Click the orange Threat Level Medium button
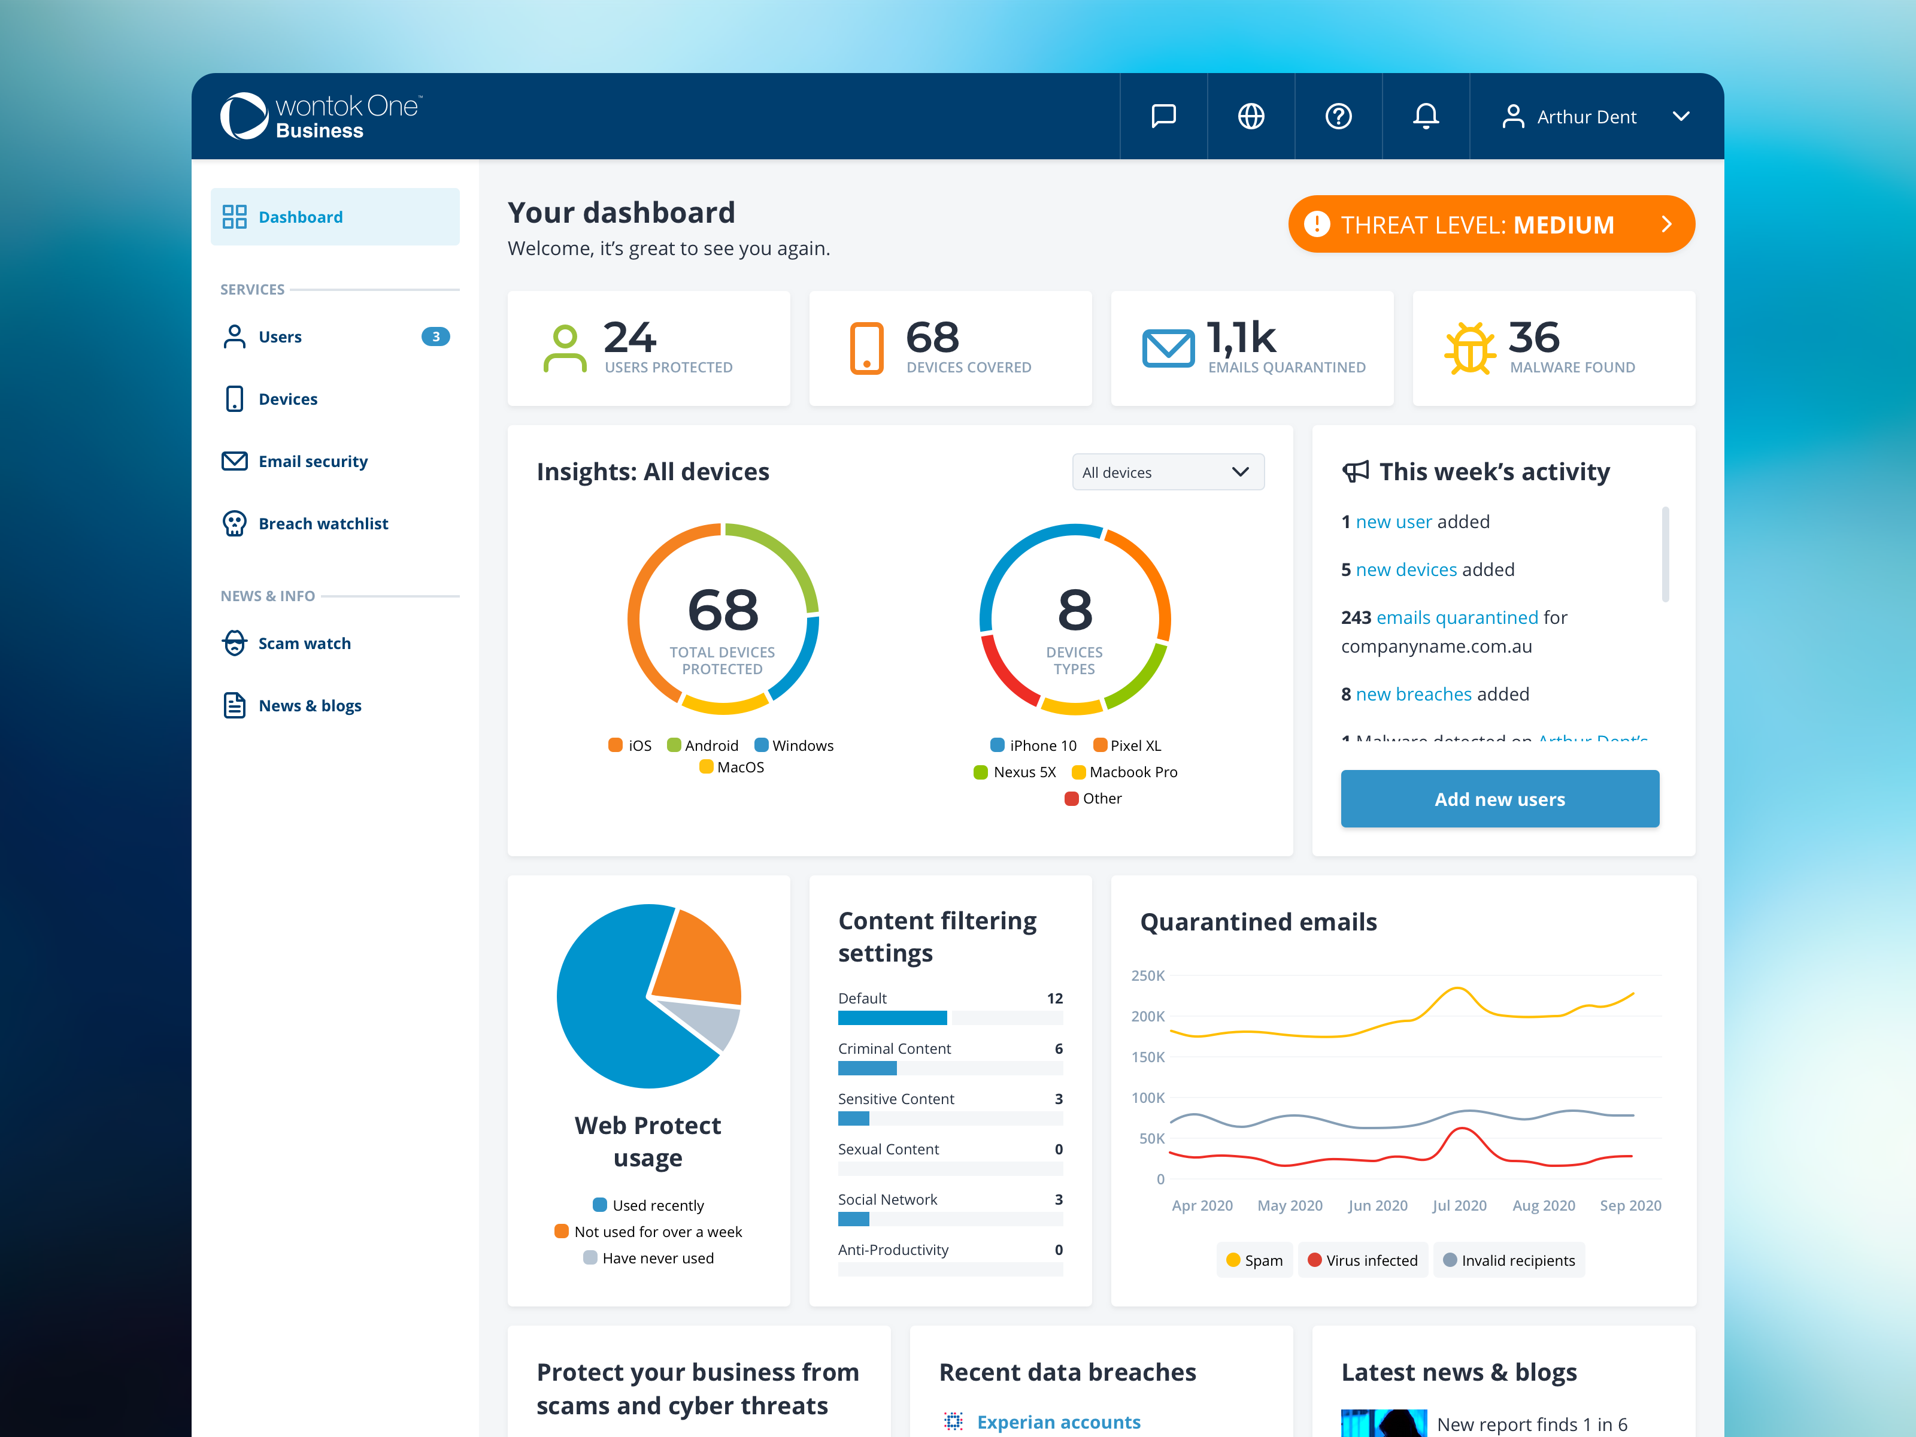coord(1491,225)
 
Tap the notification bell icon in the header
coord(1426,116)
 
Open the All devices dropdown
coord(1168,472)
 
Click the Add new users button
coord(1499,799)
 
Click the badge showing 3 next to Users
coord(436,336)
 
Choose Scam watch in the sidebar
coord(304,642)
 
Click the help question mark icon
coord(1338,116)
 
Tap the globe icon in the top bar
coord(1251,116)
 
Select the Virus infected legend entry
coord(1363,1260)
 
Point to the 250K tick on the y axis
coord(1148,975)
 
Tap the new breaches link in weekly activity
coord(1414,694)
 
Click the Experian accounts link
coord(1059,1421)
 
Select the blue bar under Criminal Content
coord(867,1068)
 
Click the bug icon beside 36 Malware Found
coord(1470,348)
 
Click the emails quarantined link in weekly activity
coord(1457,617)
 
